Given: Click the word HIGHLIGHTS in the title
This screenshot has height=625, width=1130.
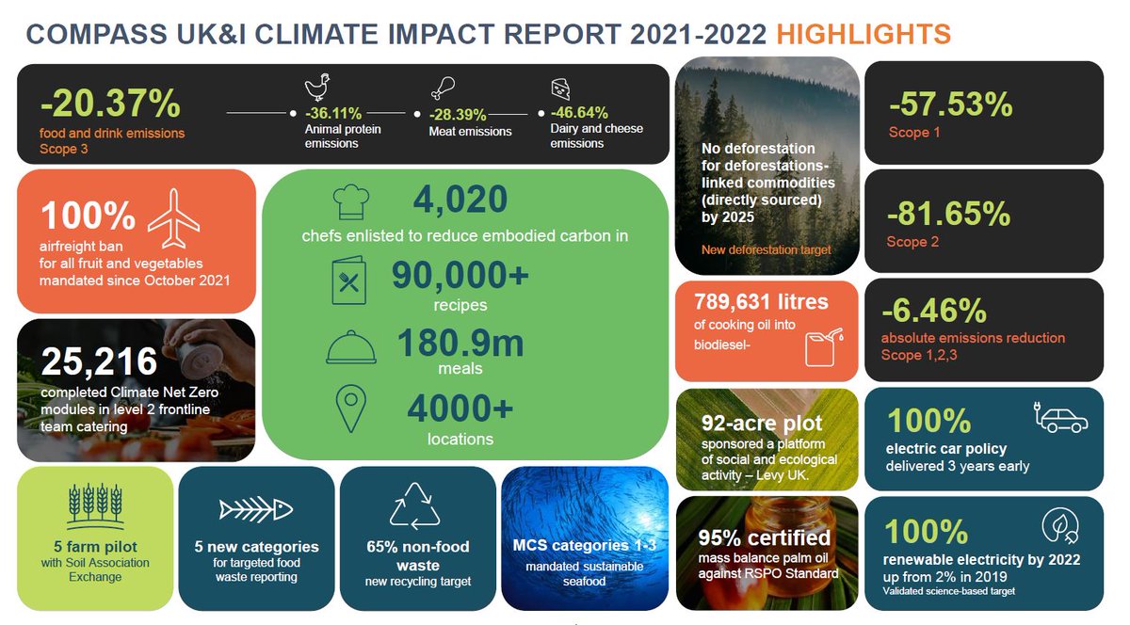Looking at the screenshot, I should [x=864, y=35].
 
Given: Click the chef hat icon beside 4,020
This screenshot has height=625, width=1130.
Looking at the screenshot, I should [x=350, y=200].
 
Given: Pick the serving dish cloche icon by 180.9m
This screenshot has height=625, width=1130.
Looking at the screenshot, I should [x=350, y=349].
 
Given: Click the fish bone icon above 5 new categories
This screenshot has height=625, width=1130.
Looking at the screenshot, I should [x=255, y=509].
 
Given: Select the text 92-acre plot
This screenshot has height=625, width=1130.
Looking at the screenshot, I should [x=761, y=423].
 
